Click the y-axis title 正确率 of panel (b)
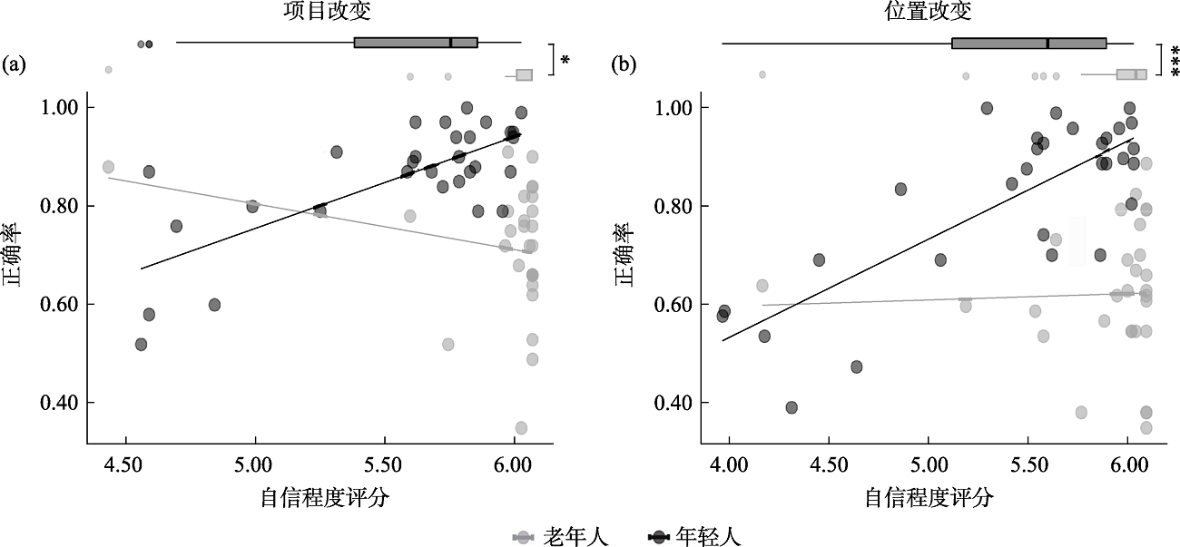pyautogui.click(x=627, y=255)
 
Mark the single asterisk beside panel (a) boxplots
pyautogui.click(x=565, y=61)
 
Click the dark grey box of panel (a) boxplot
pyautogui.click(x=416, y=43)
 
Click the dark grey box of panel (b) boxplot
pyautogui.click(x=1028, y=43)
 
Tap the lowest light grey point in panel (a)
pyautogui.click(x=521, y=428)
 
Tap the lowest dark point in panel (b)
pyautogui.click(x=792, y=407)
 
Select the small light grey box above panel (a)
pyautogui.click(x=524, y=75)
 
